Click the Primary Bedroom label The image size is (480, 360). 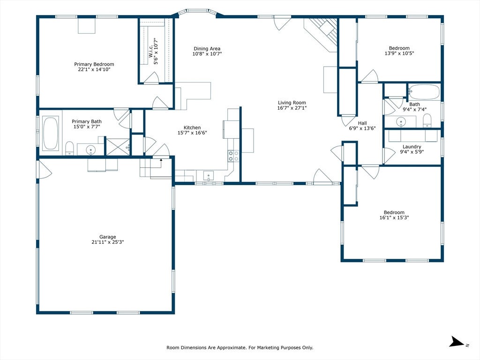click(94, 64)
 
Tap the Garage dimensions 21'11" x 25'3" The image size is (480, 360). click(107, 242)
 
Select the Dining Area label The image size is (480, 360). click(207, 49)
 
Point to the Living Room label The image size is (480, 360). click(292, 103)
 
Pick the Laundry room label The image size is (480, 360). click(412, 147)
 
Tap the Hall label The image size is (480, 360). click(362, 123)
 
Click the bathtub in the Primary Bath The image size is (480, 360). click(51, 133)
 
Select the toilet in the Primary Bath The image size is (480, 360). click(70, 148)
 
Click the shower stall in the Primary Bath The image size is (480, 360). click(118, 147)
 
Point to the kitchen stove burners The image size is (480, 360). click(233, 156)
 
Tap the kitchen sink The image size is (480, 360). click(209, 176)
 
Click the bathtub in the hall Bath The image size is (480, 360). click(424, 92)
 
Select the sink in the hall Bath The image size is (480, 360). click(401, 122)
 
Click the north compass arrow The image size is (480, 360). click(457, 342)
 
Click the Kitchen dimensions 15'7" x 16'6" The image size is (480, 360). click(192, 133)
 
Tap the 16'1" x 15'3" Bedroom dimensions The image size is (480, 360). click(394, 217)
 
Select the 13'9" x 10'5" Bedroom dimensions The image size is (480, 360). click(399, 53)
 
